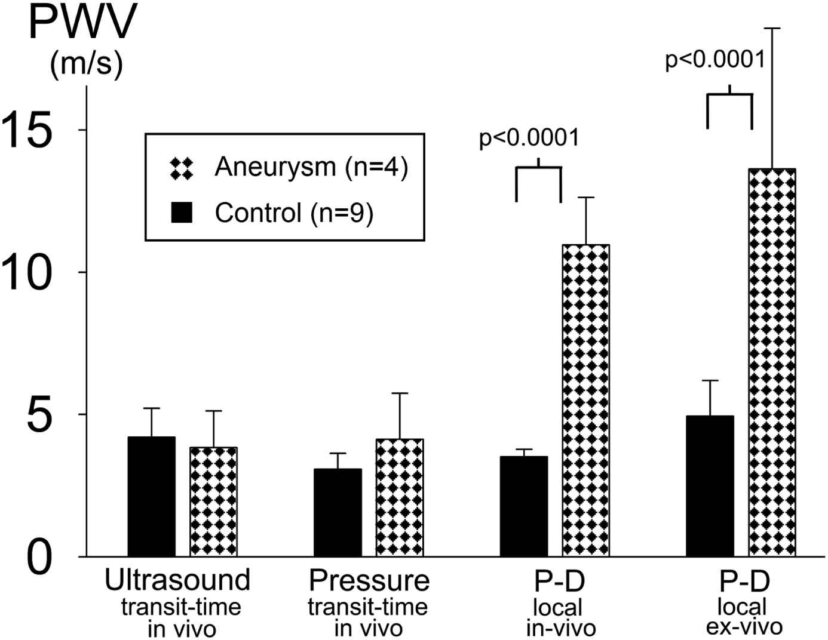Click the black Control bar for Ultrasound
click(x=151, y=497)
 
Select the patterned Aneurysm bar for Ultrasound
click(x=213, y=502)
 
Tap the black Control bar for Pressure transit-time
click(x=338, y=512)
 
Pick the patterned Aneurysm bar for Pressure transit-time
click(x=400, y=497)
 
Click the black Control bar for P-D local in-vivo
click(x=524, y=506)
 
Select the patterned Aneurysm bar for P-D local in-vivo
click(x=586, y=401)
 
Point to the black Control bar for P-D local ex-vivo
click(x=710, y=486)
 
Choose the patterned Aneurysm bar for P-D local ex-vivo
click(x=772, y=362)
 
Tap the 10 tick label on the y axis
click(x=27, y=272)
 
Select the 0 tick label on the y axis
click(x=39, y=557)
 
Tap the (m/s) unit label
click(x=87, y=63)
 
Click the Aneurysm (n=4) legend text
click(x=311, y=167)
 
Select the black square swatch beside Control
click(x=182, y=213)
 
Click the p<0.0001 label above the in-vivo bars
click(x=529, y=138)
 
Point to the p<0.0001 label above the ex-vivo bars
click(x=715, y=60)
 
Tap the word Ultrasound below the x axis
click(x=177, y=580)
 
